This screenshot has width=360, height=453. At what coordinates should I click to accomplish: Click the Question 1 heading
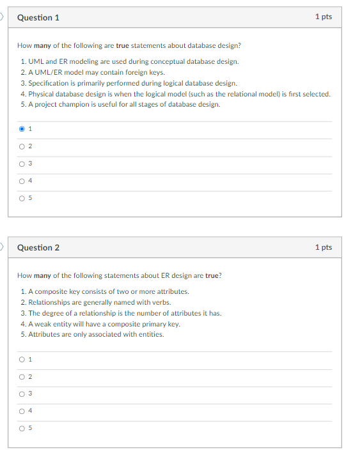click(x=38, y=17)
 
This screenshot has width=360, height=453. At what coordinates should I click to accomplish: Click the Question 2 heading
click(x=38, y=247)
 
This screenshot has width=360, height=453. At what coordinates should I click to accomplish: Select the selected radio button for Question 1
click(x=22, y=129)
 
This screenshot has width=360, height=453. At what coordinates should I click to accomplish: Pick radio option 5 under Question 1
click(x=22, y=199)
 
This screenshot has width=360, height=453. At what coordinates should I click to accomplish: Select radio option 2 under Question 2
click(x=22, y=376)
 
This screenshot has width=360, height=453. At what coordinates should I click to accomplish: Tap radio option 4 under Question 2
click(x=22, y=411)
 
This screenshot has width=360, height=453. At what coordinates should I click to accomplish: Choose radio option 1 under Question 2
click(x=22, y=359)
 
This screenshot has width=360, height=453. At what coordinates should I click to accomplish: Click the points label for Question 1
click(x=324, y=17)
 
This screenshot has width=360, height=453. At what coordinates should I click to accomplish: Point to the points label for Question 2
click(x=324, y=247)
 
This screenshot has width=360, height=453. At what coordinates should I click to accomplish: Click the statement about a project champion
click(x=120, y=105)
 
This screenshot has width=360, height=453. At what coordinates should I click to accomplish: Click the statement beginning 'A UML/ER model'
click(x=92, y=72)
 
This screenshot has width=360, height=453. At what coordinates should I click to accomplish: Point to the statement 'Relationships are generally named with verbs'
click(x=96, y=302)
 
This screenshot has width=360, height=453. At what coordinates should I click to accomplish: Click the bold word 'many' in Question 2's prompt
click(x=42, y=276)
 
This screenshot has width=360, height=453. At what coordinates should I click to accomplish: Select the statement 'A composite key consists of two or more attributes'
click(x=105, y=291)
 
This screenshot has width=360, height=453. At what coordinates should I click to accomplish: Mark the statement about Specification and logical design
click(x=129, y=83)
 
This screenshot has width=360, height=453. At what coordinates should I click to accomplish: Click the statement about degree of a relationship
click(x=121, y=313)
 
